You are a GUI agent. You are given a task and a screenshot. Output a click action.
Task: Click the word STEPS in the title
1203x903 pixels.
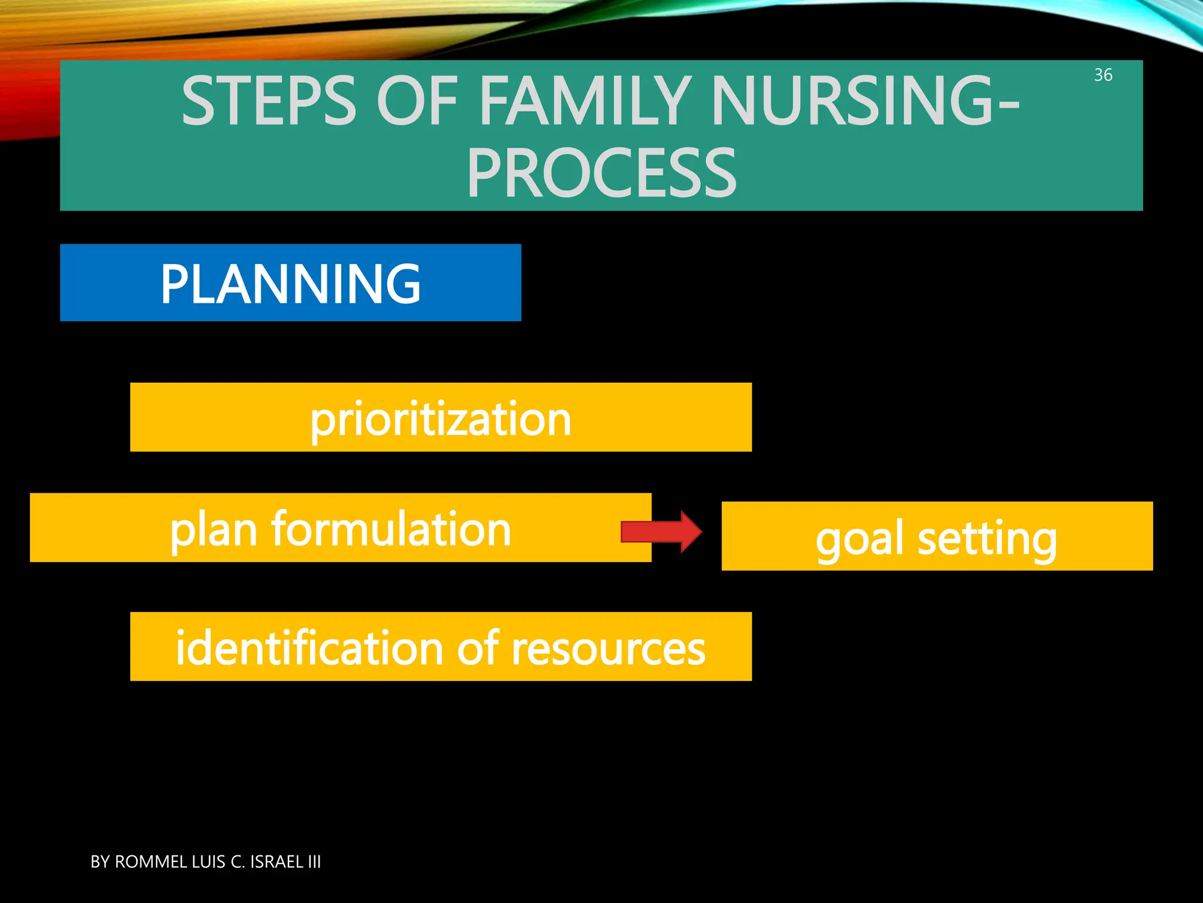point(268,101)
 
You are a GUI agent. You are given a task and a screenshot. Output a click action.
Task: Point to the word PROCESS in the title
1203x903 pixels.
point(601,174)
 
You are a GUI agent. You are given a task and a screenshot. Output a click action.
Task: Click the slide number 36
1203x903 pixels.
point(1103,75)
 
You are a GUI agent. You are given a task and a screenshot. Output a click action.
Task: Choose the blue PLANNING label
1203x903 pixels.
point(290,283)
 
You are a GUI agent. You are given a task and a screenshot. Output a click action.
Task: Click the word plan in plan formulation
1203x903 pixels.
point(213,529)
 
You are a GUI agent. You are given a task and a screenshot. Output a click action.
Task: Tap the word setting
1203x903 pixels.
point(987,539)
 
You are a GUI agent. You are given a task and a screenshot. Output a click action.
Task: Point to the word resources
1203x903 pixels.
point(608,648)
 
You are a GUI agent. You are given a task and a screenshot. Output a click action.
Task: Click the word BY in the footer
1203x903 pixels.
point(100,862)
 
